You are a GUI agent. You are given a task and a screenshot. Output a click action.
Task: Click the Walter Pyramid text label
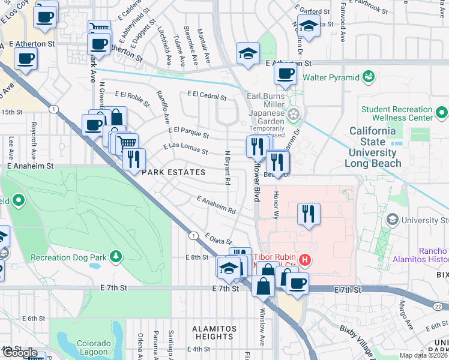[330, 77]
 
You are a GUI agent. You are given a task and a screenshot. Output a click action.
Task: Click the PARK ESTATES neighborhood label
[173, 172]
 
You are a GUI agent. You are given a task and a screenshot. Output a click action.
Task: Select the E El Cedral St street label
[206, 95]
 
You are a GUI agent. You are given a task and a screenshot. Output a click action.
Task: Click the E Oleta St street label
[218, 239]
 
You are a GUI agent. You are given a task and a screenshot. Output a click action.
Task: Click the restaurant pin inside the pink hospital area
[309, 214]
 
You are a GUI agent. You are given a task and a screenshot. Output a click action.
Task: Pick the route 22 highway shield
[439, 307]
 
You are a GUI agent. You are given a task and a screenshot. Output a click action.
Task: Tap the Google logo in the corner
[19, 353]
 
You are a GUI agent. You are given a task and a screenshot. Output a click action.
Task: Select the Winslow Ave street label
[262, 328]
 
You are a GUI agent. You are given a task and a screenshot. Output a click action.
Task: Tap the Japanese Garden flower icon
[294, 114]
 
